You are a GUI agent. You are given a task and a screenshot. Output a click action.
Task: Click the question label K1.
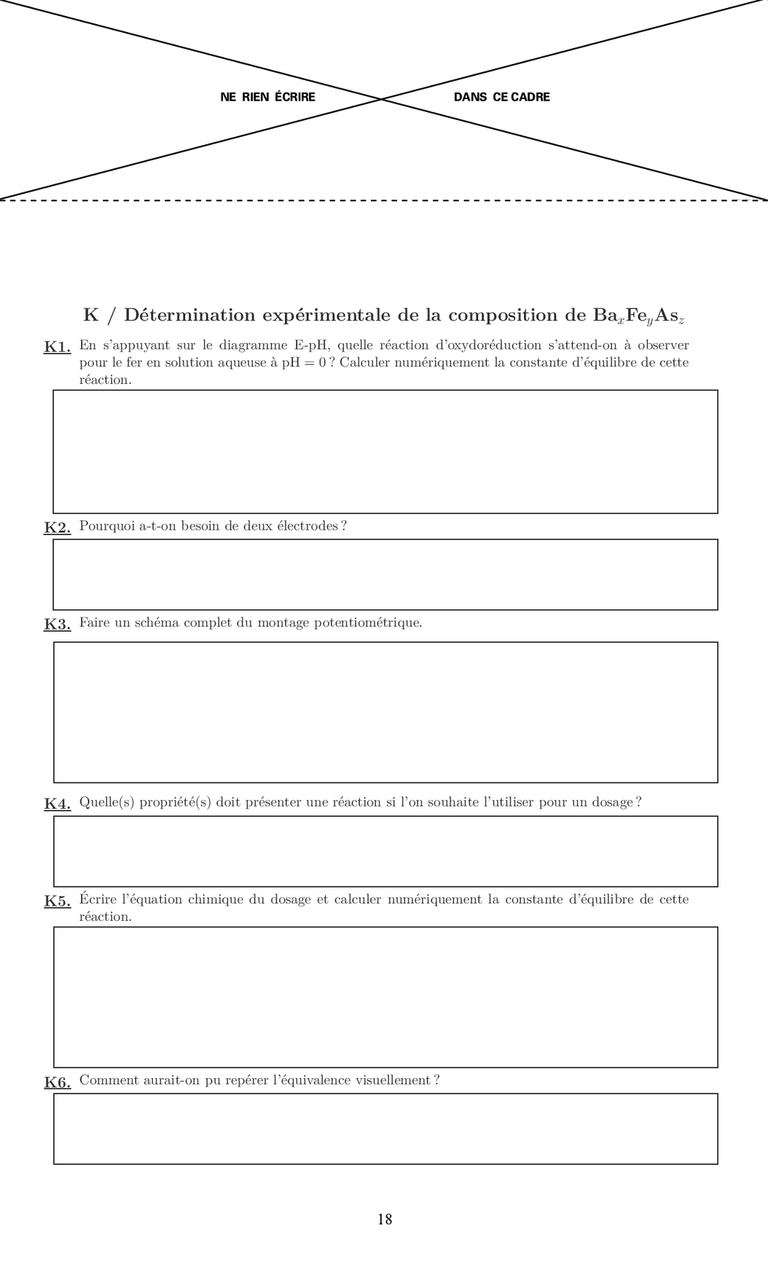[x=57, y=347]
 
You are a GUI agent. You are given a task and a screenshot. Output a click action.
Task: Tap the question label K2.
[x=57, y=527]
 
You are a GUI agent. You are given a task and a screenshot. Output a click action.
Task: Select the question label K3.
[x=57, y=624]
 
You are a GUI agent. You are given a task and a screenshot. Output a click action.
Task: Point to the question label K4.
[x=57, y=804]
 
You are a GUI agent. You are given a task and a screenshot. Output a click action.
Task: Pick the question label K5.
[x=57, y=900]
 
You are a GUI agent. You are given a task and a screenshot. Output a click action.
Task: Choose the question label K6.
[x=57, y=1082]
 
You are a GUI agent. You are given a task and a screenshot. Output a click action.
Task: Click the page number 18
[x=385, y=1220]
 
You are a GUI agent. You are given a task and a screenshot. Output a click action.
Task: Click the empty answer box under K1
[x=385, y=452]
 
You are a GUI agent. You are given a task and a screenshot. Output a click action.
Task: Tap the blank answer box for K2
[x=385, y=575]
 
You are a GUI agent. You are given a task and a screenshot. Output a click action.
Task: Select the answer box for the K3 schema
[x=385, y=712]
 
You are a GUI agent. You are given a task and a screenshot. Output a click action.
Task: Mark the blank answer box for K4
[x=385, y=852]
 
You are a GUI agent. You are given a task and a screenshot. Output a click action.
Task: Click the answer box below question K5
[x=385, y=997]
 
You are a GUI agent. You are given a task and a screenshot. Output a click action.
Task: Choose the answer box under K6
[x=385, y=1128]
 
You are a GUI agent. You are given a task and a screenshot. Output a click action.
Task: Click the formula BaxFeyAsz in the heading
[x=638, y=316]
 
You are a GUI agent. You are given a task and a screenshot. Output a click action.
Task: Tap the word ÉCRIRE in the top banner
[x=295, y=97]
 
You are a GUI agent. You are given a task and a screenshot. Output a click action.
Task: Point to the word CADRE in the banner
[x=530, y=97]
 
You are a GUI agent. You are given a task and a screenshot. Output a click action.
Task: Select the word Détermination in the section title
[x=189, y=315]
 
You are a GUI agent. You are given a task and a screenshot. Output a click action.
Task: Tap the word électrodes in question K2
[x=307, y=526]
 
